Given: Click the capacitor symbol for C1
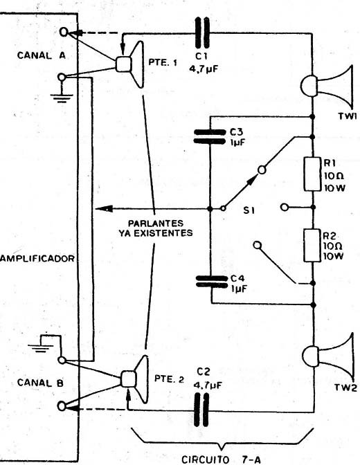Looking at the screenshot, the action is point(202,33).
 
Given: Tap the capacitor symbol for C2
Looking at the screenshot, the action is point(201,410).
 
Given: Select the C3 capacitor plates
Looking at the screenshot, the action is point(209,137).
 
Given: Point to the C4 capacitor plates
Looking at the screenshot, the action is point(211,282).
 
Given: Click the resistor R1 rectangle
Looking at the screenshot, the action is point(312,174).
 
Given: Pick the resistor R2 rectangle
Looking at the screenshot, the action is point(312,245).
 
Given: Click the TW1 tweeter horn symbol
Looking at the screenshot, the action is point(327,86).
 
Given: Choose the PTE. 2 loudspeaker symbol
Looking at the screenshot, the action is point(134,379).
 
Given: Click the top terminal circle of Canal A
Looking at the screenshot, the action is point(64,32).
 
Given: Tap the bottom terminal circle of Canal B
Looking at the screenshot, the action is point(62,406).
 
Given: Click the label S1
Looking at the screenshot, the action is point(249,210).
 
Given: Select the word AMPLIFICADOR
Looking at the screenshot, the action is point(37,259).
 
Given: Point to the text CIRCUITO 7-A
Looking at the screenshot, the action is point(221,459).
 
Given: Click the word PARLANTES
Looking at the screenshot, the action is point(156,223).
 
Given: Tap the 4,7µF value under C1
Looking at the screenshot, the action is point(204,70).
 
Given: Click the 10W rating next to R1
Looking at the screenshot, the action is point(334,188).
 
